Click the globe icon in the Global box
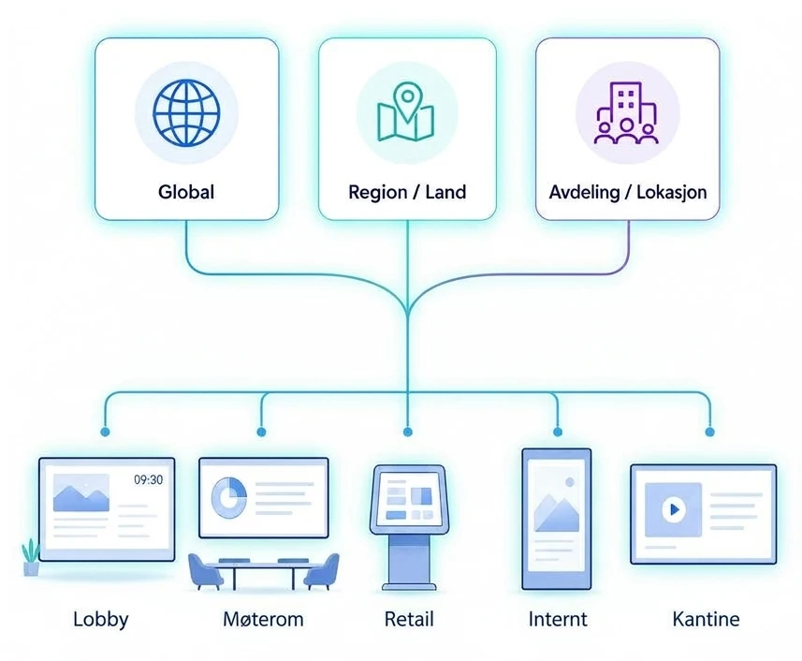point(186,112)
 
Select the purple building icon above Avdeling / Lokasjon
point(626,112)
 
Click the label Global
point(186,192)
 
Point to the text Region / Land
point(407,192)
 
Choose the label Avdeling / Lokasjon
point(628,192)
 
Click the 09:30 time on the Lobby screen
point(149,479)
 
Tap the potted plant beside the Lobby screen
point(31,557)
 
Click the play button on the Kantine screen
point(674,509)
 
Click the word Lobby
point(101,620)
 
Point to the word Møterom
point(263,620)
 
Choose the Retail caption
point(409,619)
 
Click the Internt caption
point(558,619)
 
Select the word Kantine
point(706,619)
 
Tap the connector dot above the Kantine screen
point(709,433)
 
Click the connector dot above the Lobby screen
point(105,433)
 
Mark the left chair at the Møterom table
point(205,571)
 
